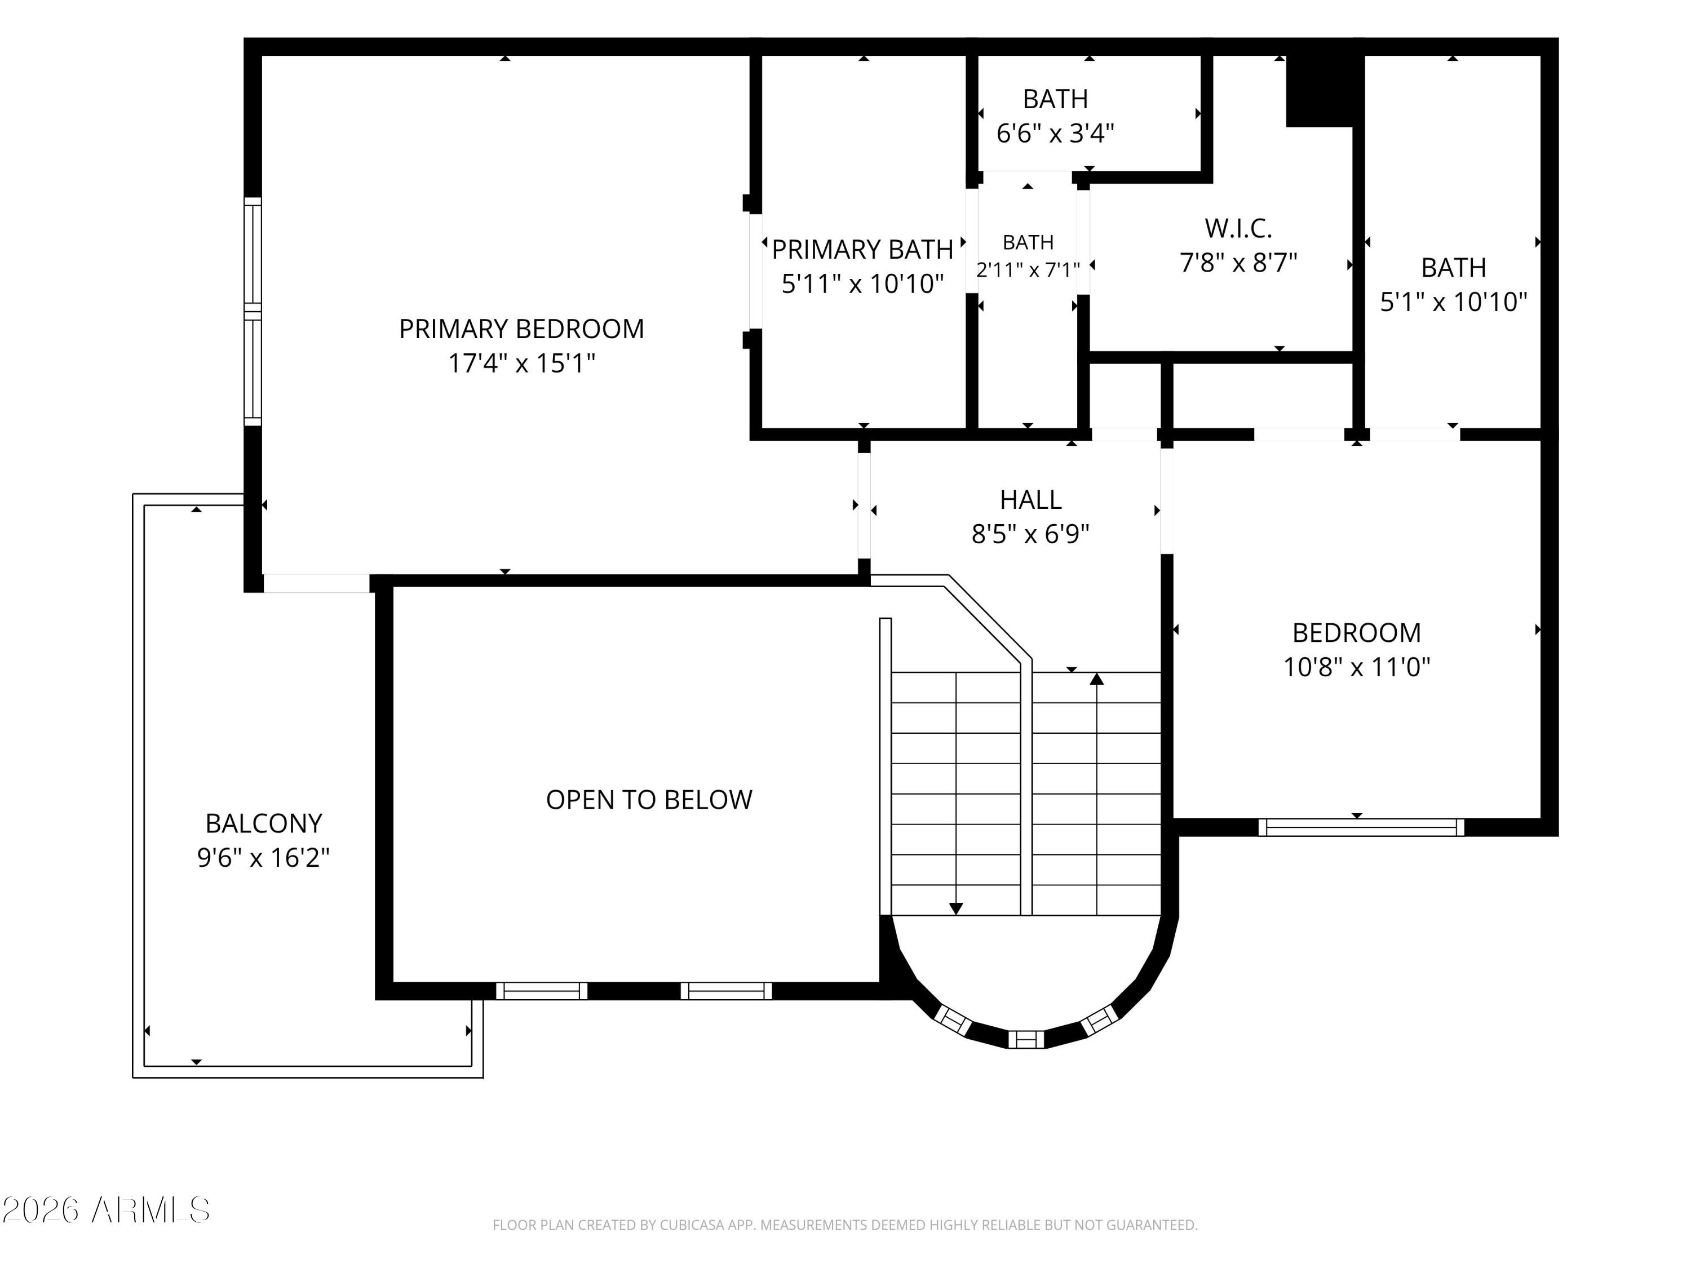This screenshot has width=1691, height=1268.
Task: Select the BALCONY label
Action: (264, 823)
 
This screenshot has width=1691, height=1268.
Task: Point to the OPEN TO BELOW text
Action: (649, 800)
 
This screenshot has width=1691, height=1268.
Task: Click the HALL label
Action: (1030, 500)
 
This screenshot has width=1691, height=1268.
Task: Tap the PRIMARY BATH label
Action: (862, 249)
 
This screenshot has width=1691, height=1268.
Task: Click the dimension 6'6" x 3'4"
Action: (1055, 134)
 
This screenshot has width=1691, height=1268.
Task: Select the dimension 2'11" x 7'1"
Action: (1028, 270)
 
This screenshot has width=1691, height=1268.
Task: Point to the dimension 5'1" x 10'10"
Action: (1453, 302)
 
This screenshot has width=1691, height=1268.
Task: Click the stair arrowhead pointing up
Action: (1097, 679)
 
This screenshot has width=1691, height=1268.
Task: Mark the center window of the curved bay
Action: (1026, 1039)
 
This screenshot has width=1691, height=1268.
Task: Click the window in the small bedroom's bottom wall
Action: (1361, 827)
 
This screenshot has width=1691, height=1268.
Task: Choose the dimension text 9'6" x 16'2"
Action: (264, 858)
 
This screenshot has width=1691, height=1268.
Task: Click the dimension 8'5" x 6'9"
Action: (1030, 534)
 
